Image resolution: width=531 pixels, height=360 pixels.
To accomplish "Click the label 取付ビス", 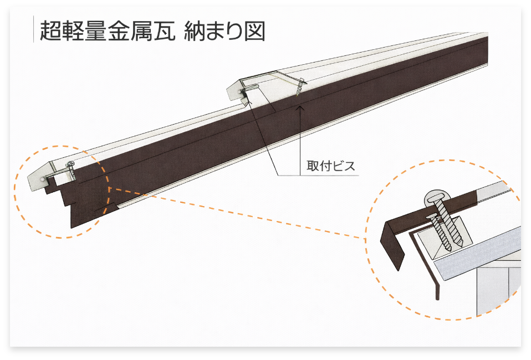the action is pyautogui.click(x=330, y=165).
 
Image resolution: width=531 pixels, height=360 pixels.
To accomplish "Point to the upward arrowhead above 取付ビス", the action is pyautogui.click(x=300, y=109).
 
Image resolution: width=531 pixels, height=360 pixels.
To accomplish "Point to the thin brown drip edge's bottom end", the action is pyautogui.click(x=438, y=297).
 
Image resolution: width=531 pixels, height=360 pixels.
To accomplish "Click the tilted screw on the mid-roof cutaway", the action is pyautogui.click(x=300, y=88).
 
